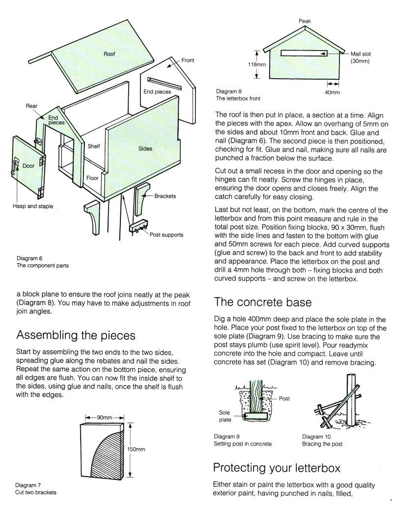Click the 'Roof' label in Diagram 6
(x=109, y=54)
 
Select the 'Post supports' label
(x=167, y=235)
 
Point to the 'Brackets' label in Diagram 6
(x=165, y=196)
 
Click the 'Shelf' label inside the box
(x=93, y=147)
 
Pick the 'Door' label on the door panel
(x=28, y=166)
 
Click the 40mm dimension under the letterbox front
(x=332, y=92)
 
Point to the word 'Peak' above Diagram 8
(x=305, y=21)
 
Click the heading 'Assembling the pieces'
(x=76, y=335)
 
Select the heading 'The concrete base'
(x=263, y=301)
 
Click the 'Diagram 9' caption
(x=227, y=437)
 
